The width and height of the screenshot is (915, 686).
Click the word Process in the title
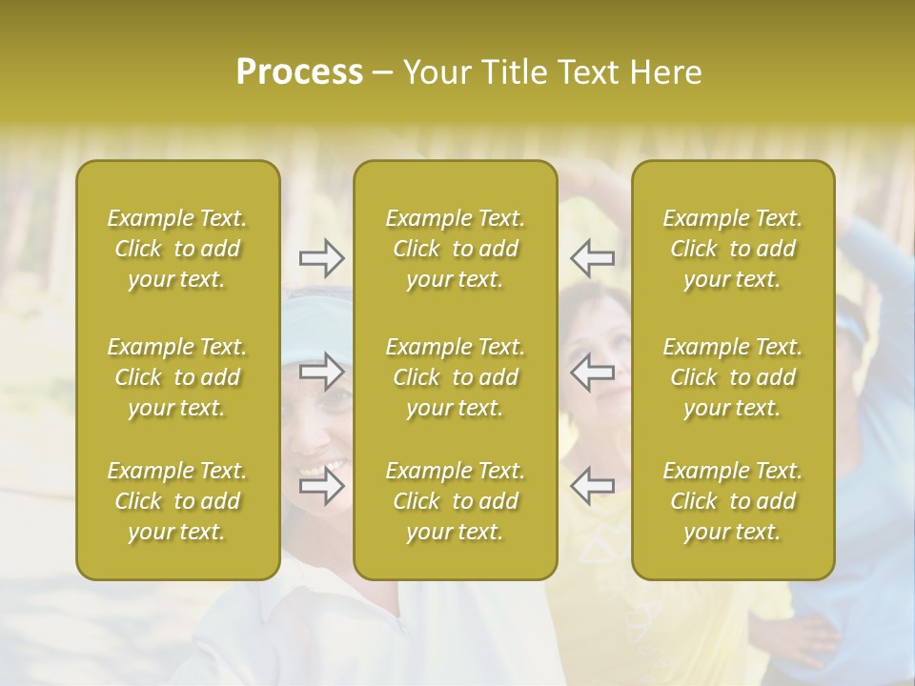pyautogui.click(x=299, y=72)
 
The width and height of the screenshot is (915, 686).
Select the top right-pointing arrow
pyautogui.click(x=322, y=257)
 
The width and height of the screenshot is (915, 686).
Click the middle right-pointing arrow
pyautogui.click(x=322, y=371)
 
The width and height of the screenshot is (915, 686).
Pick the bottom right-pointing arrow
pyautogui.click(x=322, y=486)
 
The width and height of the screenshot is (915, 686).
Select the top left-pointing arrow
pyautogui.click(x=592, y=257)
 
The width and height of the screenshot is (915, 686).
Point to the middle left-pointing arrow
pyautogui.click(x=592, y=371)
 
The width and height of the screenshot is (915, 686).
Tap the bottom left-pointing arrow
pyautogui.click(x=592, y=486)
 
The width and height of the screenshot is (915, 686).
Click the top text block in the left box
pyautogui.click(x=177, y=249)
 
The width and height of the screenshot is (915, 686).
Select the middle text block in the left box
pyautogui.click(x=177, y=377)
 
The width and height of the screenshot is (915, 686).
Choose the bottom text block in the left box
pyautogui.click(x=177, y=501)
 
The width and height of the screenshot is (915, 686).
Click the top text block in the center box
pyautogui.click(x=455, y=249)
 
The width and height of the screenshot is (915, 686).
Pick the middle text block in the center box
pyautogui.click(x=455, y=377)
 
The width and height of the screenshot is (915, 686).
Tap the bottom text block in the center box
pyautogui.click(x=455, y=501)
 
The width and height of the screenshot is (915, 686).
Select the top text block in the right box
pyautogui.click(x=732, y=249)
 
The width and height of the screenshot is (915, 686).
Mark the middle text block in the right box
pyautogui.click(x=732, y=377)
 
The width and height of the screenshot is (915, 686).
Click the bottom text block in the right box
pyautogui.click(x=732, y=501)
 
